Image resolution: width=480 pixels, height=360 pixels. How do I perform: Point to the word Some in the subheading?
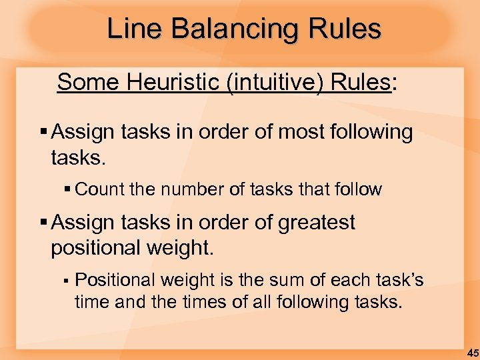click(87, 82)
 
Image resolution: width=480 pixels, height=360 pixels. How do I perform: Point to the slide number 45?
click(472, 353)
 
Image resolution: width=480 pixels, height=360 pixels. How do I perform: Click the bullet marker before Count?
click(68, 190)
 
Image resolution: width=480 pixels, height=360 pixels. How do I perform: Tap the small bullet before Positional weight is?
click(67, 281)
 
